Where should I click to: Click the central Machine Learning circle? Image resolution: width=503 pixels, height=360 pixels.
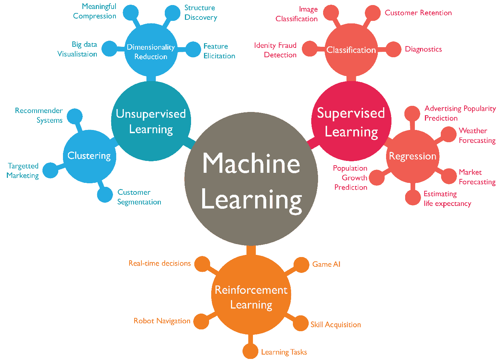[x=251, y=179]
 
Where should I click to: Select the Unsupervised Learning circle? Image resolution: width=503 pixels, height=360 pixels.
[x=151, y=121]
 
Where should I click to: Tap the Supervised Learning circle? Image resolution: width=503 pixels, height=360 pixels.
[x=351, y=121]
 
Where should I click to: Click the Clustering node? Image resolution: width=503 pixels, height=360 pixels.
[x=89, y=156]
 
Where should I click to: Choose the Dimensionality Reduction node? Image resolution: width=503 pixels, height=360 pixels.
[x=151, y=51]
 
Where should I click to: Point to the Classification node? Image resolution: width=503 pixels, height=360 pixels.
[x=351, y=50]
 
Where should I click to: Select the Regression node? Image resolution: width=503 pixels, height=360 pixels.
[x=413, y=156]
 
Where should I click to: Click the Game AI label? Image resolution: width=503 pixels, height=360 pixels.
[x=326, y=264]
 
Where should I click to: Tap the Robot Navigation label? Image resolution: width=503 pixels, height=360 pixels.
[x=162, y=321]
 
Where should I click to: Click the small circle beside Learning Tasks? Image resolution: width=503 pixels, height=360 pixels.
[x=250, y=351]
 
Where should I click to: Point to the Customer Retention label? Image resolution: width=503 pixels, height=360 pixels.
[x=418, y=13]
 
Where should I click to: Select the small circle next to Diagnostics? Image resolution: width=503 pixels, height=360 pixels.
[x=394, y=49]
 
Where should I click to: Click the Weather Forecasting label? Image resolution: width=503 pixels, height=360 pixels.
[x=477, y=135]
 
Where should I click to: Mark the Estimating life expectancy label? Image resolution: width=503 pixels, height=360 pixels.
[x=447, y=199]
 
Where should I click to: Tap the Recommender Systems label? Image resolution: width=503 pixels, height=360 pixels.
[x=39, y=115]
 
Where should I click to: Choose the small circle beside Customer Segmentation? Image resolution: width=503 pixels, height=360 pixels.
[x=105, y=195]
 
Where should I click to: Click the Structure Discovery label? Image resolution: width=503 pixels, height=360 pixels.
[x=201, y=13]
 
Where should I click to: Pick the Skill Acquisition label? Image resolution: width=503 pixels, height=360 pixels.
[x=336, y=325]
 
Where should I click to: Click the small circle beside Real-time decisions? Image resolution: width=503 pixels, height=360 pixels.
[x=202, y=264]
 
